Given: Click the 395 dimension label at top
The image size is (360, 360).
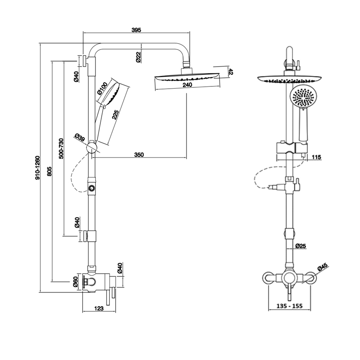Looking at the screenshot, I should click(137, 30).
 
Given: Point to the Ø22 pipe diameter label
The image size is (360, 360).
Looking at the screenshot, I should click(138, 57).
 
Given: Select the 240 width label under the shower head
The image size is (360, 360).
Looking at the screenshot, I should click(188, 85).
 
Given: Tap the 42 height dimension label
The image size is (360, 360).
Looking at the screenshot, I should click(231, 72).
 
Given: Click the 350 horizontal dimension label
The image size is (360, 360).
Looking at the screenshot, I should click(139, 155).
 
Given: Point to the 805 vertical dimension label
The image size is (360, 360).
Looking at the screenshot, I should click(49, 171).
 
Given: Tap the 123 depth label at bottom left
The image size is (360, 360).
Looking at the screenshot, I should click(100, 308).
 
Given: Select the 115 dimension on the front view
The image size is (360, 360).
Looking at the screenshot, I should click(316, 157).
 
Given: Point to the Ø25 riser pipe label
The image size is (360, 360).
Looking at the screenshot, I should click(301, 246).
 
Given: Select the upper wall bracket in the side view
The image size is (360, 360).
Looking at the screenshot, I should click(85, 60).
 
